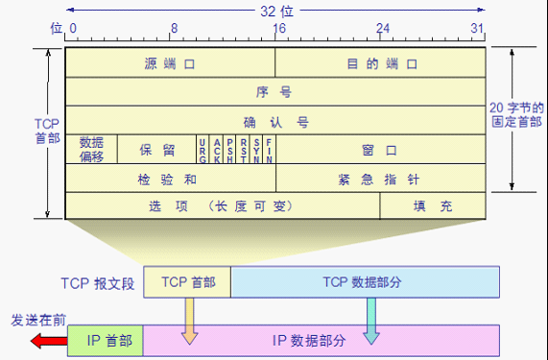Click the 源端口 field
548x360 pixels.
click(170, 64)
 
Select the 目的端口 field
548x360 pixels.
click(381, 64)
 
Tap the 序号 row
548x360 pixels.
click(275, 93)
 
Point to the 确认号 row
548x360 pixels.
click(275, 122)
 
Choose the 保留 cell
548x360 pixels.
click(156, 150)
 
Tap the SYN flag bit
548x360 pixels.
click(256, 150)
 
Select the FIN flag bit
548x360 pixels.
click(269, 150)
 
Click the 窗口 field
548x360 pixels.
click(381, 150)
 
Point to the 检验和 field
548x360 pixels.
click(170, 179)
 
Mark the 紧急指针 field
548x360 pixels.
click(381, 179)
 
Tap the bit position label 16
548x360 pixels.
click(277, 29)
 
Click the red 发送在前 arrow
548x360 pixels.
click(44, 340)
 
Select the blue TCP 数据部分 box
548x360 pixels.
click(366, 281)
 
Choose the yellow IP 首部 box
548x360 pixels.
click(107, 340)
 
